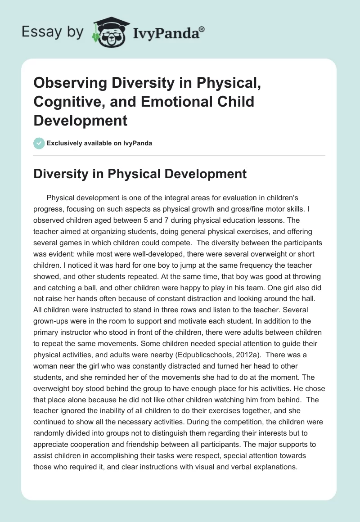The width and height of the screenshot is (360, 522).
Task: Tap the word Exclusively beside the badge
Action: (x=63, y=143)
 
